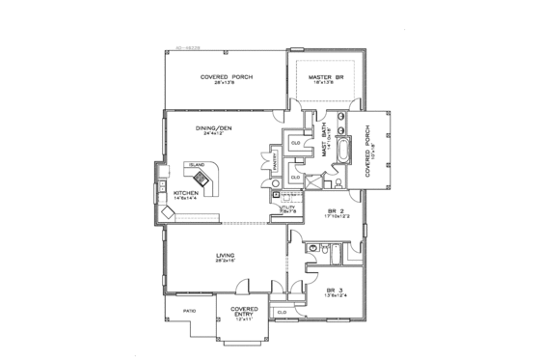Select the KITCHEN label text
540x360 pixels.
[x=186, y=193]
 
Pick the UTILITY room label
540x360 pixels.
[x=286, y=207]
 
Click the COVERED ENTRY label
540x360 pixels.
[x=243, y=311]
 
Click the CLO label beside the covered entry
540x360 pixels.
[x=283, y=313]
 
